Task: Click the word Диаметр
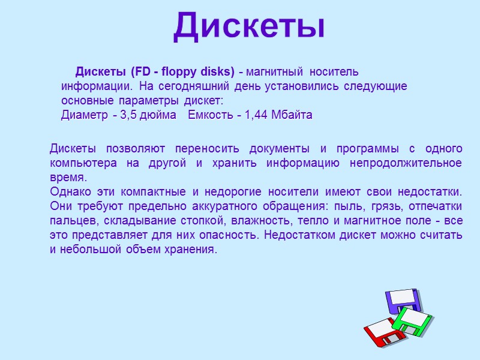[x=80, y=115]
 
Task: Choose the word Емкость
[x=209, y=115]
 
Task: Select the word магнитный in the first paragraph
[x=275, y=73]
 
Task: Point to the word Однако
[x=67, y=192]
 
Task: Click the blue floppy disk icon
[x=401, y=300]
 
